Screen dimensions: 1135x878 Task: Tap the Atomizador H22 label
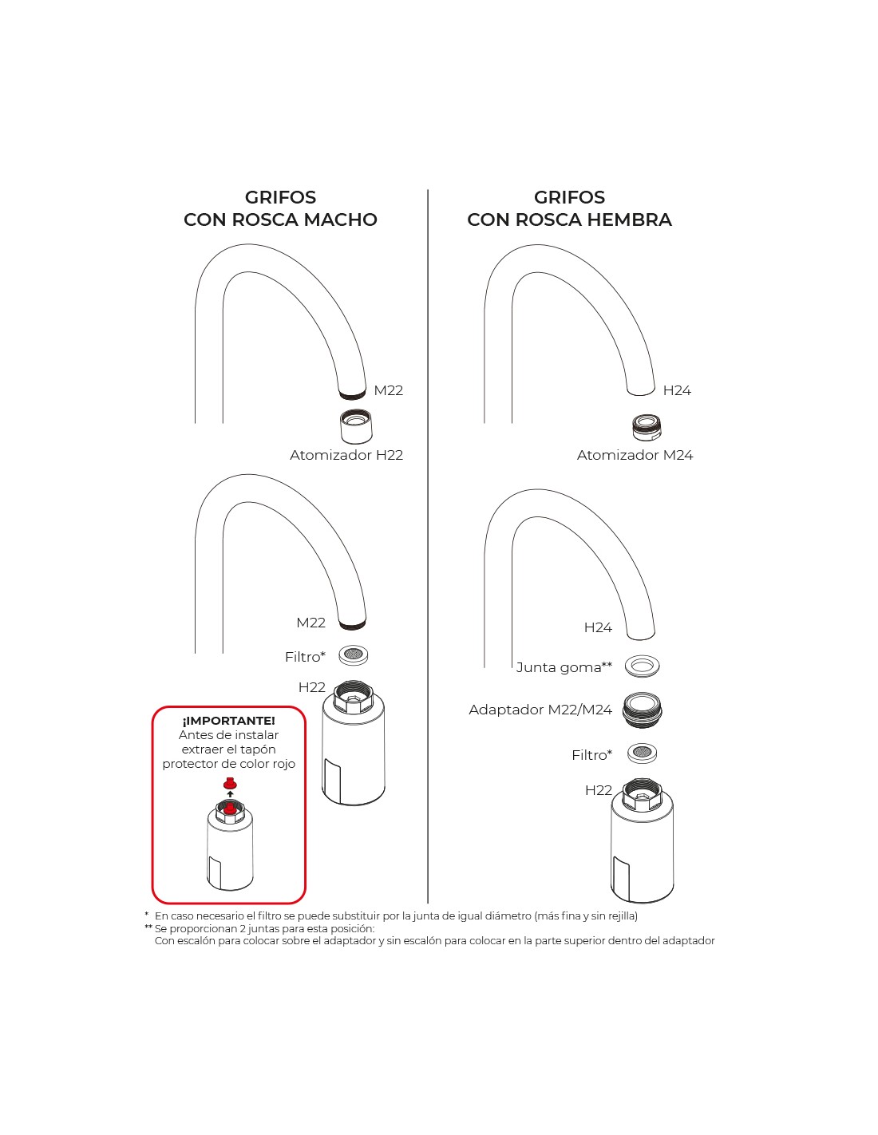(346, 455)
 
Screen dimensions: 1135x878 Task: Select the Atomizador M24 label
(635, 455)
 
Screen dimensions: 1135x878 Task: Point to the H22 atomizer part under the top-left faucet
(355, 426)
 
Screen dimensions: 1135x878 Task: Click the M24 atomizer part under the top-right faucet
(647, 427)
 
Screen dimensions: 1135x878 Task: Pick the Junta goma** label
(564, 667)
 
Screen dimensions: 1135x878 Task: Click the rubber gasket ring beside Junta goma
(642, 665)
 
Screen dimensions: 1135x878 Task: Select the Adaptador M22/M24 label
(540, 710)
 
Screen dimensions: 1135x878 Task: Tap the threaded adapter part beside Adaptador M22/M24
(642, 710)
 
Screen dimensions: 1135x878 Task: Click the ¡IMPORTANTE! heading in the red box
(229, 721)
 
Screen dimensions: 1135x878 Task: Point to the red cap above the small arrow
(230, 784)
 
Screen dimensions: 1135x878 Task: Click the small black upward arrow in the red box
(230, 794)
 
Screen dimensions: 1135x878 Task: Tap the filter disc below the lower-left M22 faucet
(353, 655)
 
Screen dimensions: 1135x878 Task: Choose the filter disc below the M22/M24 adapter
(642, 753)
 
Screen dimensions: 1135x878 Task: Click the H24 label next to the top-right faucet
(677, 390)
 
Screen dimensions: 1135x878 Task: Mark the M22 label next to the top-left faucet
(388, 390)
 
